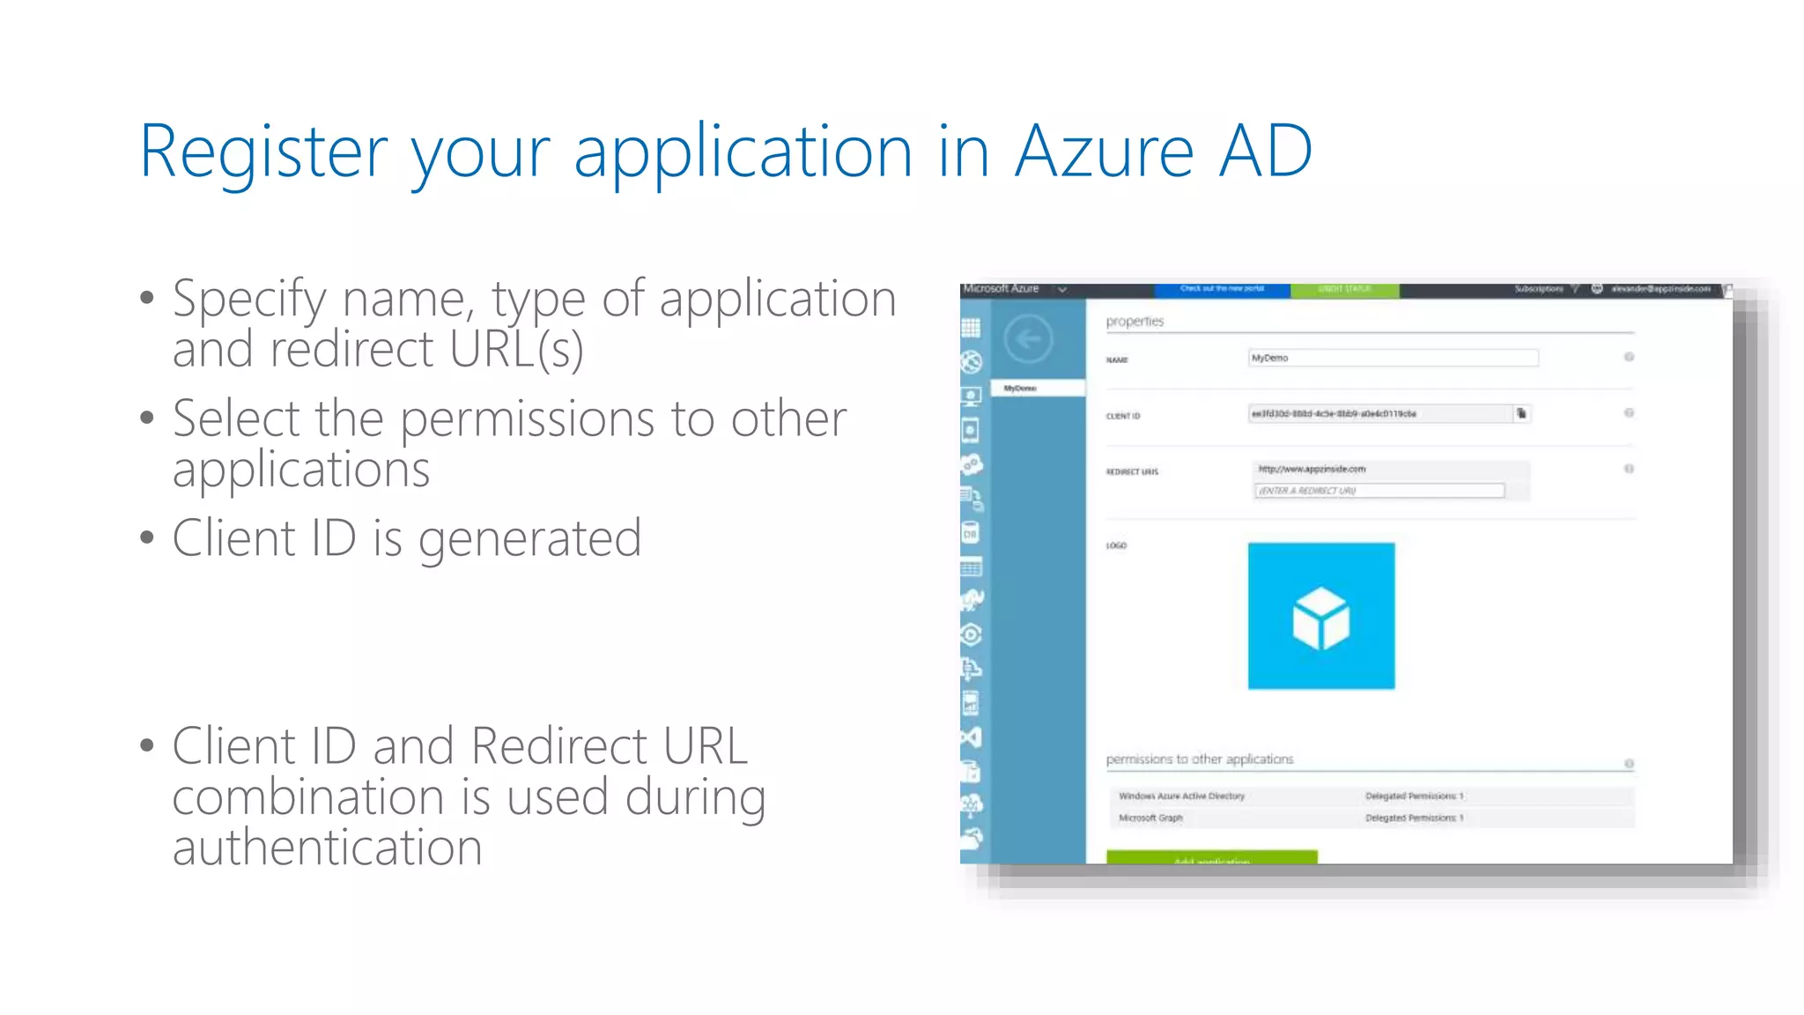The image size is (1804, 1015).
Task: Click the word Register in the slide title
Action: point(262,152)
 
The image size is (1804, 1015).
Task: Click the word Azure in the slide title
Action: point(1105,152)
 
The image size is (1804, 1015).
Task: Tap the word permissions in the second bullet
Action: point(527,419)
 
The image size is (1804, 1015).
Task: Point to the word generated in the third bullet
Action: point(529,539)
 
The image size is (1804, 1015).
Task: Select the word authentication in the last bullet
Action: point(327,848)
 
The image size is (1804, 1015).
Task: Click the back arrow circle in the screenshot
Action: point(1028,339)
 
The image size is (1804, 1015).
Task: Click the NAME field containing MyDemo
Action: point(1393,358)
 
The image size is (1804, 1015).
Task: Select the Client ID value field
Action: point(1379,413)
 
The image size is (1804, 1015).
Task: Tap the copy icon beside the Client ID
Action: point(1521,413)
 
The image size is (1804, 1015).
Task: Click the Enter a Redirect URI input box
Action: point(1379,491)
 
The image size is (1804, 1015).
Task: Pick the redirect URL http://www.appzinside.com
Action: point(1312,469)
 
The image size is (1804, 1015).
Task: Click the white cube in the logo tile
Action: point(1320,618)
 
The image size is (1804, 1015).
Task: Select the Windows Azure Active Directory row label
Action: point(1181,796)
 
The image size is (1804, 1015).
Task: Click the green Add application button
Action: point(1211,857)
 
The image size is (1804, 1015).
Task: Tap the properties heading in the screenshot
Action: point(1135,322)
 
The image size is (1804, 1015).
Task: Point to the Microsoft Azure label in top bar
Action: point(1001,289)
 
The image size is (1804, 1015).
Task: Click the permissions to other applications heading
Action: point(1199,759)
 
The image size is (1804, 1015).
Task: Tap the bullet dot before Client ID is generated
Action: point(147,537)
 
